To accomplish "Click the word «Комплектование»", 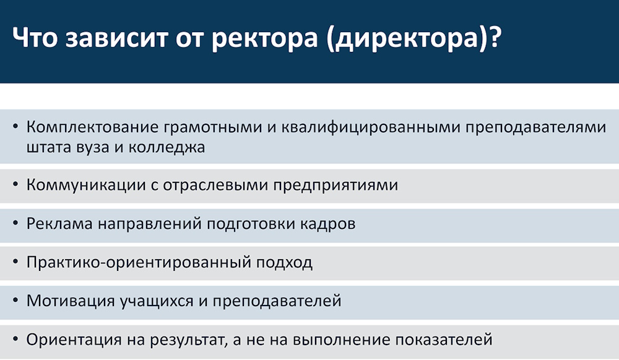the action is (92, 127).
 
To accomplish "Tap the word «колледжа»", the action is (167, 148).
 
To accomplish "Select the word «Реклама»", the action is (59, 223).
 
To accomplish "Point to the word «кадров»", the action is (327, 223).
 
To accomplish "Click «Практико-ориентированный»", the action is (139, 263).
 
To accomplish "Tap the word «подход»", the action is (284, 263).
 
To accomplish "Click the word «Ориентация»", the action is (74, 340).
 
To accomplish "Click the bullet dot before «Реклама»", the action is (15, 223).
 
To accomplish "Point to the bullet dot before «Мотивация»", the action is (15, 301).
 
